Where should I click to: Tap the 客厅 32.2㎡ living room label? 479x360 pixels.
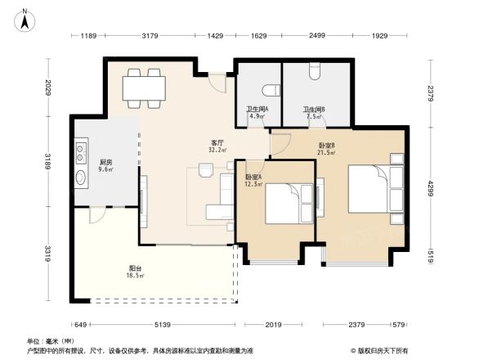pyautogui.click(x=217, y=146)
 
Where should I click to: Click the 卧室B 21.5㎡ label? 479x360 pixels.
pyautogui.click(x=328, y=150)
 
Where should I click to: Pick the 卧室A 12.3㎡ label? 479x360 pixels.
pyautogui.click(x=253, y=180)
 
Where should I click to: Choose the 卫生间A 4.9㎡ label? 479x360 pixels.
pyautogui.click(x=257, y=113)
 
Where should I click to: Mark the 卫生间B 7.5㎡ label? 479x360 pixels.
pyautogui.click(x=315, y=113)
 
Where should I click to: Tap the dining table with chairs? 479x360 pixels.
pyautogui.click(x=143, y=88)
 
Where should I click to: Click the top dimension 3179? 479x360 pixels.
pyautogui.click(x=150, y=36)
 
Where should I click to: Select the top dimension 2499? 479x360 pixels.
pyautogui.click(x=317, y=36)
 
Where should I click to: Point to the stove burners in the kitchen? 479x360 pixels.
pyautogui.click(x=81, y=151)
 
